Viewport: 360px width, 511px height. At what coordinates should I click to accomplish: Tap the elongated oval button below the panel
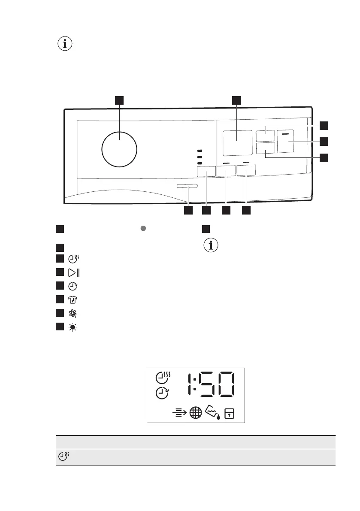pyautogui.click(x=187, y=186)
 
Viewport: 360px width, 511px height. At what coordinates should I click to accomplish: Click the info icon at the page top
pyautogui.click(x=65, y=44)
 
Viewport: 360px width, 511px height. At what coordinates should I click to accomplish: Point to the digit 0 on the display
pyautogui.click(x=225, y=385)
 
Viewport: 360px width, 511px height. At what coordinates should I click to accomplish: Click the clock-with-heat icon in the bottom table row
pyautogui.click(x=63, y=457)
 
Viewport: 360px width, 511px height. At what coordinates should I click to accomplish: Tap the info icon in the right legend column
pyautogui.click(x=210, y=246)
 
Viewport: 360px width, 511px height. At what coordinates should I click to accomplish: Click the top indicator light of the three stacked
pyautogui.click(x=199, y=151)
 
